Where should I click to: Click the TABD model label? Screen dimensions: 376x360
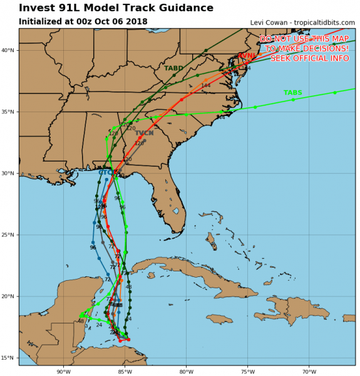173,68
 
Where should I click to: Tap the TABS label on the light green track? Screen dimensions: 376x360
292,93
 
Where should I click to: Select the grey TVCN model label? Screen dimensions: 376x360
144,133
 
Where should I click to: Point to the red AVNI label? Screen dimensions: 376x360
246,56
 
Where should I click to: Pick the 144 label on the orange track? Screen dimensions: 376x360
205,86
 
